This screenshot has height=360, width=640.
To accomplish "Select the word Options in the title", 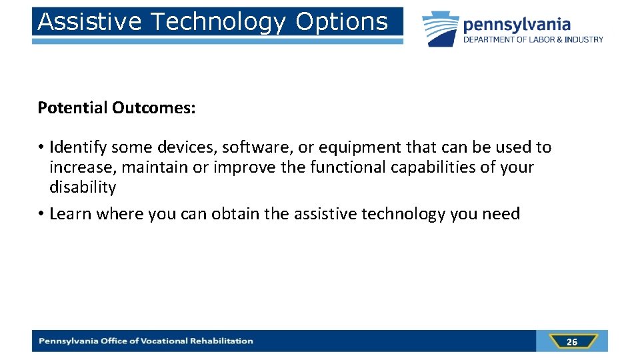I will click(341, 22).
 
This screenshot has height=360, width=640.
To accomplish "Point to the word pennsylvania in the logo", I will click(517, 25).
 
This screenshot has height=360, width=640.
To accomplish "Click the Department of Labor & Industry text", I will click(533, 40).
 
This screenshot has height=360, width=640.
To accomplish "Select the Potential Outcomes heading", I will click(117, 108).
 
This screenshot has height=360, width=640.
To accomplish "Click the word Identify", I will click(77, 147).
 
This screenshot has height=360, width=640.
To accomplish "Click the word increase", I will click(82, 167).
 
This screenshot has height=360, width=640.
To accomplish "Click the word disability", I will click(83, 187).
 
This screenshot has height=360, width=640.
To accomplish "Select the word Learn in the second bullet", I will click(71, 214).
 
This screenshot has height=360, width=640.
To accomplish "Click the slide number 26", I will click(571, 342).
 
